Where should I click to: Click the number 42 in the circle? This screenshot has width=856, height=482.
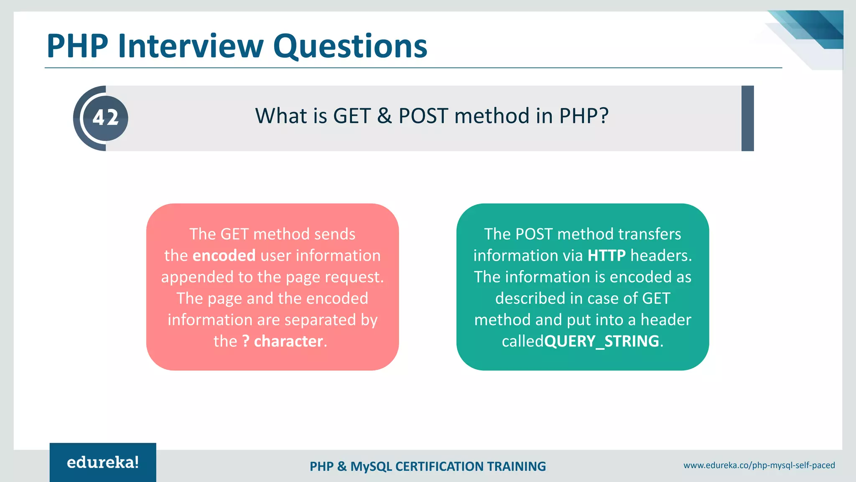click(105, 118)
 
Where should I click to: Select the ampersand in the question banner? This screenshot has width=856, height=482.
click(384, 116)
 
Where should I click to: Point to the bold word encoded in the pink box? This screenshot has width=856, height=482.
click(224, 256)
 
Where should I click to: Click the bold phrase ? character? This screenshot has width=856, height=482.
click(283, 341)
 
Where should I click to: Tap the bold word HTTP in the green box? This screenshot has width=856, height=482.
click(606, 256)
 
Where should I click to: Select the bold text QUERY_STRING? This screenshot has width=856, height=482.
click(602, 341)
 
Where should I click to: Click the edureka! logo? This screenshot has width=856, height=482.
click(103, 462)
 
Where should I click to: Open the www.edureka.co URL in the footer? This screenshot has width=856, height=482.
click(759, 465)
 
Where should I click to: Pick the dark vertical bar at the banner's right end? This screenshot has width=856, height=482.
click(747, 118)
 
